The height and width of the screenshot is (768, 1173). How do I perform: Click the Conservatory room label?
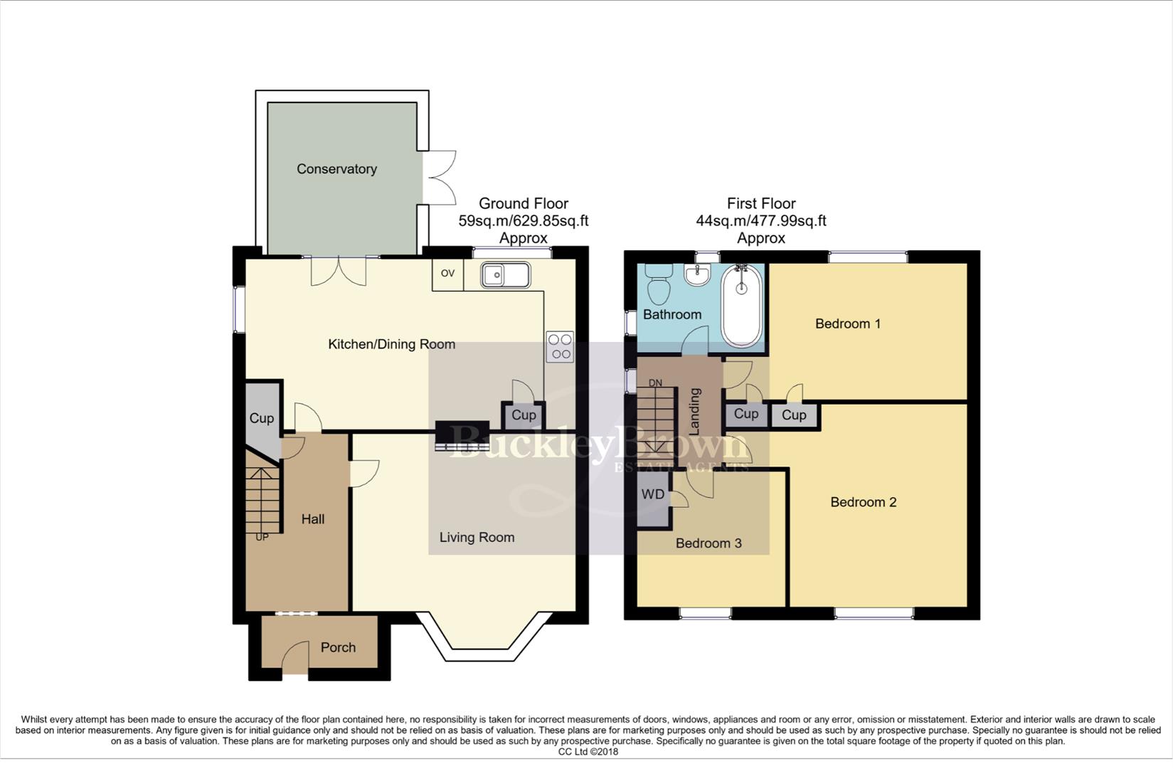[x=336, y=169]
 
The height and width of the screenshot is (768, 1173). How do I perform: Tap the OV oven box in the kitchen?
[x=447, y=274]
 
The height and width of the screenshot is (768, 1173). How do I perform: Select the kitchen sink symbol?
[x=504, y=275]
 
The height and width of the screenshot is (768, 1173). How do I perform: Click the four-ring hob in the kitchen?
[x=560, y=347]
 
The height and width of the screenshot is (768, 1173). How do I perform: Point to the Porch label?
[x=338, y=648]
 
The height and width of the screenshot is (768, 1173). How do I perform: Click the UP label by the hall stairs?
[x=262, y=538]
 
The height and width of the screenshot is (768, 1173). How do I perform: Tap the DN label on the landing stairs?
[x=655, y=383]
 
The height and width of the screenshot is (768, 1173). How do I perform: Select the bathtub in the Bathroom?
[x=741, y=306]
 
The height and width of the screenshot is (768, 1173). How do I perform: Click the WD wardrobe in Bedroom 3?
[x=653, y=495]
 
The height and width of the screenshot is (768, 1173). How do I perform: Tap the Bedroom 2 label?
[x=863, y=503]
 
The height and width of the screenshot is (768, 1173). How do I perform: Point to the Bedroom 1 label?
[x=847, y=324]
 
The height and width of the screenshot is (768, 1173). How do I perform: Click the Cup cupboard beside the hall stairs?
[x=261, y=419]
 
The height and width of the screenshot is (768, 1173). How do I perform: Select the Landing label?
[x=695, y=411]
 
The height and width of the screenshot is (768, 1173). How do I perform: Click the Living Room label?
[x=477, y=538]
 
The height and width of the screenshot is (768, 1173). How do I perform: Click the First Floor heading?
[x=760, y=203]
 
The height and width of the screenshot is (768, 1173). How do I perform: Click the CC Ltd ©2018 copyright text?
[x=588, y=752]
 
